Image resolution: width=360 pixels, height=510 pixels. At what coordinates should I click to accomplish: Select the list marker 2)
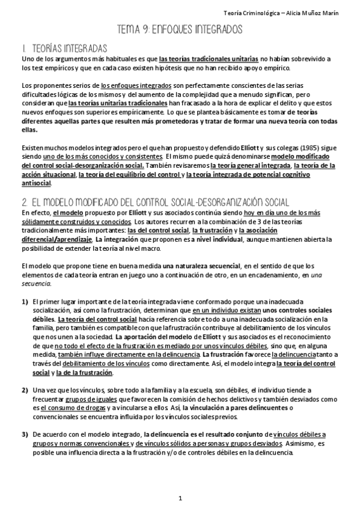click(25, 390)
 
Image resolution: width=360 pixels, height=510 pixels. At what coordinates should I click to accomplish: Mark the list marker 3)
click(25, 434)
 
